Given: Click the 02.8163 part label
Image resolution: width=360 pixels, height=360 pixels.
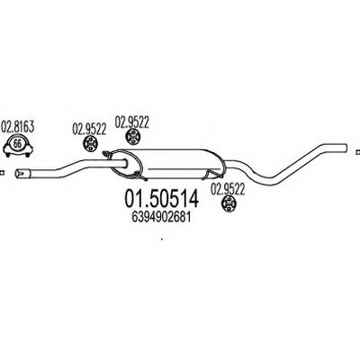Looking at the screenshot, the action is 18,127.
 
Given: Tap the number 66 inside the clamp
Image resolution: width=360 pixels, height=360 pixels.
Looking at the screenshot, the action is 18,144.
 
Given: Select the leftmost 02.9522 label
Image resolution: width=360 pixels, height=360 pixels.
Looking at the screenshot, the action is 89,129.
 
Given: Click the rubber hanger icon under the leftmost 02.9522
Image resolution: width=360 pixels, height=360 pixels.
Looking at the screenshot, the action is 89,146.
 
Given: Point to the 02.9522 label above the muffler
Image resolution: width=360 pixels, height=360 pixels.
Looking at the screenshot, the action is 132,122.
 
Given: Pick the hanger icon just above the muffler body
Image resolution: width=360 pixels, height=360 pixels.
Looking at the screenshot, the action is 131,137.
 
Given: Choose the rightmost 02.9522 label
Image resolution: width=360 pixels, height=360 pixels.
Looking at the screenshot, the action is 228,189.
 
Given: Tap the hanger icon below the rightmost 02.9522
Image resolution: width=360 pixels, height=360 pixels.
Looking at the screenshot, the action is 228,204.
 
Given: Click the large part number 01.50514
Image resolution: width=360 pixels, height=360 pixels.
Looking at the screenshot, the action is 161,199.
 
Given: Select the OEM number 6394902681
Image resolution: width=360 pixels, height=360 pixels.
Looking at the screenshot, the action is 161,218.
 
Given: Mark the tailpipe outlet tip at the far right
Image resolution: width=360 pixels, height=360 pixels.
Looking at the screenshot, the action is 345,148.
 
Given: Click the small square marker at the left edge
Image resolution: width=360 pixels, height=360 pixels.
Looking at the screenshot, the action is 2,173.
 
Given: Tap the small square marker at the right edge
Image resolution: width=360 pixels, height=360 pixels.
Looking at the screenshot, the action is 357,152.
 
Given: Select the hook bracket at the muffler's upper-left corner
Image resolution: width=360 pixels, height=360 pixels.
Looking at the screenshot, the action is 106,154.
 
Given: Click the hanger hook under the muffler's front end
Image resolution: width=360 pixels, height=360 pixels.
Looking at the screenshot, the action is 140,175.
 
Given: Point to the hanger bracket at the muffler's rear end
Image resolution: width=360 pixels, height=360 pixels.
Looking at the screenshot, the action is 213,174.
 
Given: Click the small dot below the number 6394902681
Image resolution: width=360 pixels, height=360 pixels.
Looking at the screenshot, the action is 162,239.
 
